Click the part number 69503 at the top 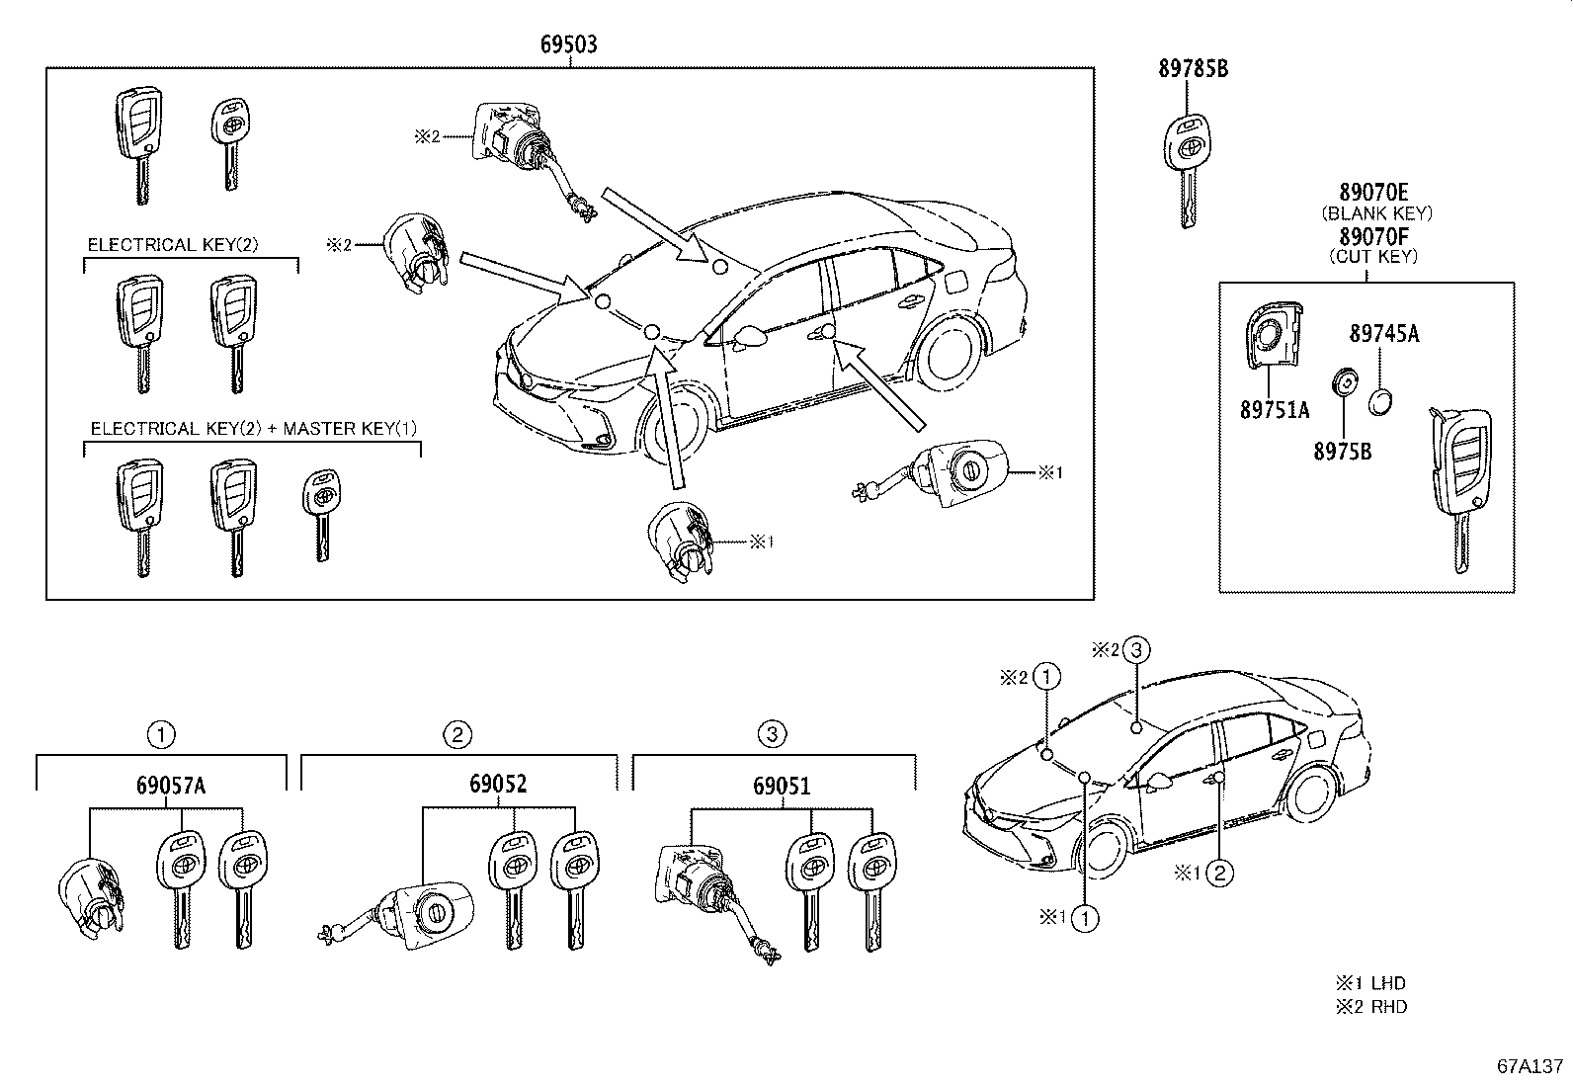tap(568, 44)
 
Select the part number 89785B tap(1194, 69)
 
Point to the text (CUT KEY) tap(1373, 257)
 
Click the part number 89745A tap(1384, 334)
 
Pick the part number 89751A tap(1275, 410)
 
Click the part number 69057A tap(171, 786)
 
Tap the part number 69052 tap(498, 784)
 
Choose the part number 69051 tap(782, 786)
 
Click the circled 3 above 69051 tap(772, 734)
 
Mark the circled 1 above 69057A tap(161, 734)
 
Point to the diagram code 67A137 tap(1530, 1067)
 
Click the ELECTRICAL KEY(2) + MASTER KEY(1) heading tap(254, 429)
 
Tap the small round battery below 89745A tap(1381, 400)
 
